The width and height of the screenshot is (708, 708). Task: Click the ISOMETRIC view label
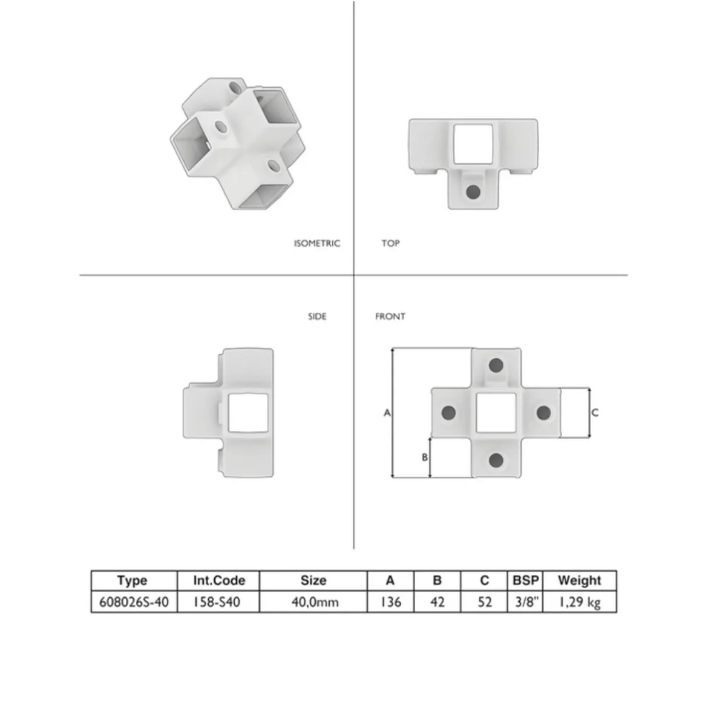[x=317, y=243]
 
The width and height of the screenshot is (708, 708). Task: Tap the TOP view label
[x=390, y=243]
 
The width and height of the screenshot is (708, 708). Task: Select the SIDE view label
[x=317, y=316]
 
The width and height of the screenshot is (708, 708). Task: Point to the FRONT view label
[x=390, y=316]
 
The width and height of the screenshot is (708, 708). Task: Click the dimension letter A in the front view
[x=387, y=413]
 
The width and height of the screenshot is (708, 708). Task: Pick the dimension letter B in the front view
[x=424, y=457]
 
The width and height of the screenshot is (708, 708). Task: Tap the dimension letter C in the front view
[x=595, y=413]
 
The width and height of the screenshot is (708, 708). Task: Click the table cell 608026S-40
[x=134, y=602]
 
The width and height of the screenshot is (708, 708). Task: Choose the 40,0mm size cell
[x=315, y=602]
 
